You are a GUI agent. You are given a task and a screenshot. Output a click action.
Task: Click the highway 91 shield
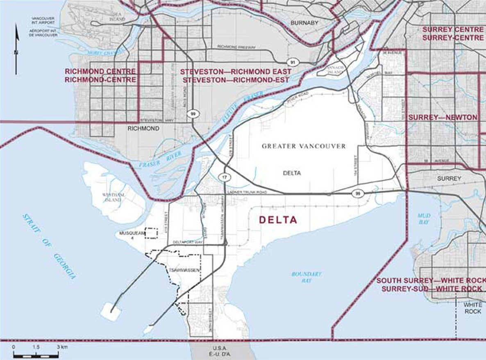point(292,62)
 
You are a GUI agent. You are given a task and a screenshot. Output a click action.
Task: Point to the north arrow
point(16,49)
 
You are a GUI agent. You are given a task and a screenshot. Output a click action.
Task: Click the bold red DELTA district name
point(278,220)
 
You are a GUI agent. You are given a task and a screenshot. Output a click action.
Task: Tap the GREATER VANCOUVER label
point(304,146)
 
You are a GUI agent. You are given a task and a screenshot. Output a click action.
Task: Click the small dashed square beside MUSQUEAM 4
point(151,233)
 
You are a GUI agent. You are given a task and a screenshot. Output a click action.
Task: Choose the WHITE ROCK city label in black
point(472,308)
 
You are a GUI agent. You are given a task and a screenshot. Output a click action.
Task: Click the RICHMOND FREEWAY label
point(236,48)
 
